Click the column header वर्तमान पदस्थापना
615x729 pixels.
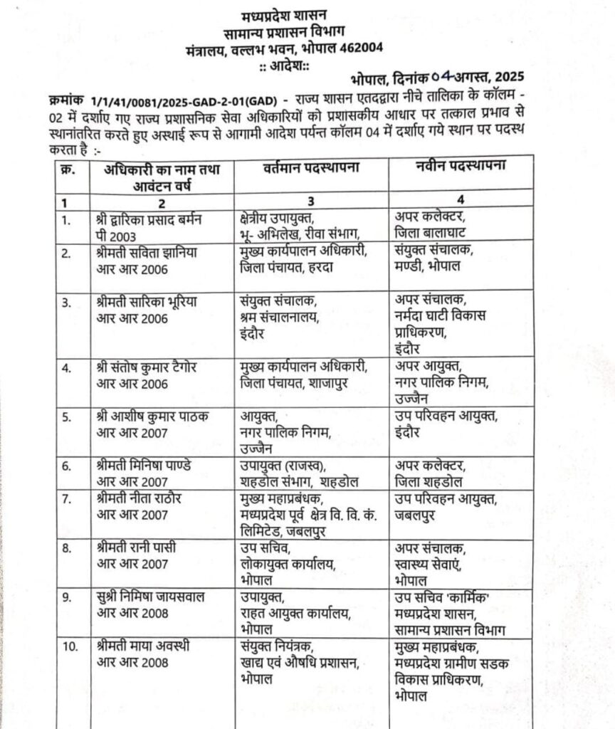pos(307,169)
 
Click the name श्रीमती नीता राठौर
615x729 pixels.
pos(138,498)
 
